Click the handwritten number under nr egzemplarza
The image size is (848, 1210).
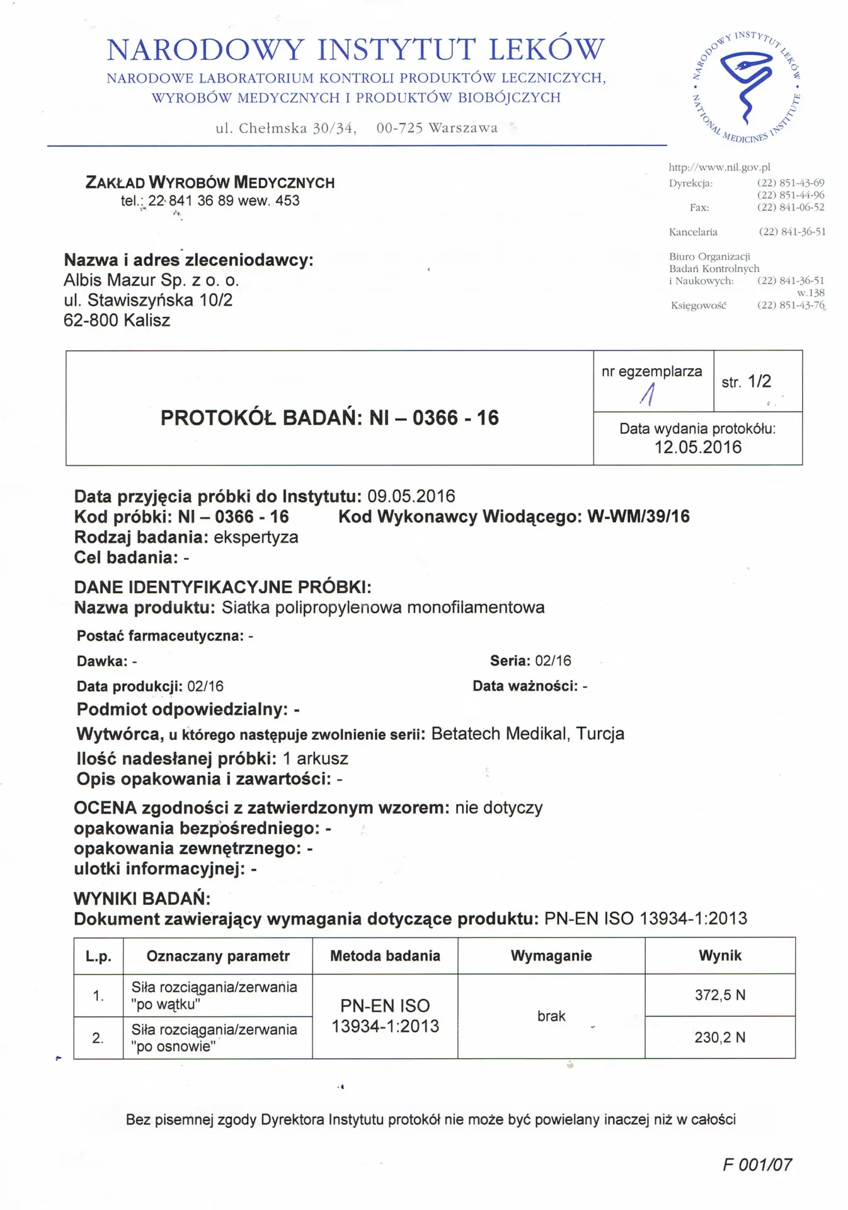[648, 395]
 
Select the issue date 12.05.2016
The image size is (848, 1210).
[697, 447]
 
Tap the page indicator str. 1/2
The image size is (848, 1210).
[746, 382]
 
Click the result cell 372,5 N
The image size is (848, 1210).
[719, 995]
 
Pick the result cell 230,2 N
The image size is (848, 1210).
[719, 1037]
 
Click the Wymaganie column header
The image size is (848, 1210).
[551, 956]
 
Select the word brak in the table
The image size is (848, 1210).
[551, 1016]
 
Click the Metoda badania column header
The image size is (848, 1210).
[384, 956]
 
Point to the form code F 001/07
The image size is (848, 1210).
[757, 1165]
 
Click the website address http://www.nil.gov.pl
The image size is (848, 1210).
[719, 168]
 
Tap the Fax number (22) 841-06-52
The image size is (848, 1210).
[790, 207]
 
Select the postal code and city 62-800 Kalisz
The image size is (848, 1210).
[117, 321]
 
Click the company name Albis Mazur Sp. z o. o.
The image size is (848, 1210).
[151, 280]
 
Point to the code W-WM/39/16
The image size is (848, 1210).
[638, 517]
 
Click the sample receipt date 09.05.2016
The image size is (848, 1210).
[411, 497]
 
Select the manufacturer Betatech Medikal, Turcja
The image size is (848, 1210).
[527, 734]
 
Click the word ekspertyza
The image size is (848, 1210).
[256, 538]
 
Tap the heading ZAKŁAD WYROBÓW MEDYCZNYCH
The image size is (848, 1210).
[210, 183]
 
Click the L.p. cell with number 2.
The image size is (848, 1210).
[98, 1038]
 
